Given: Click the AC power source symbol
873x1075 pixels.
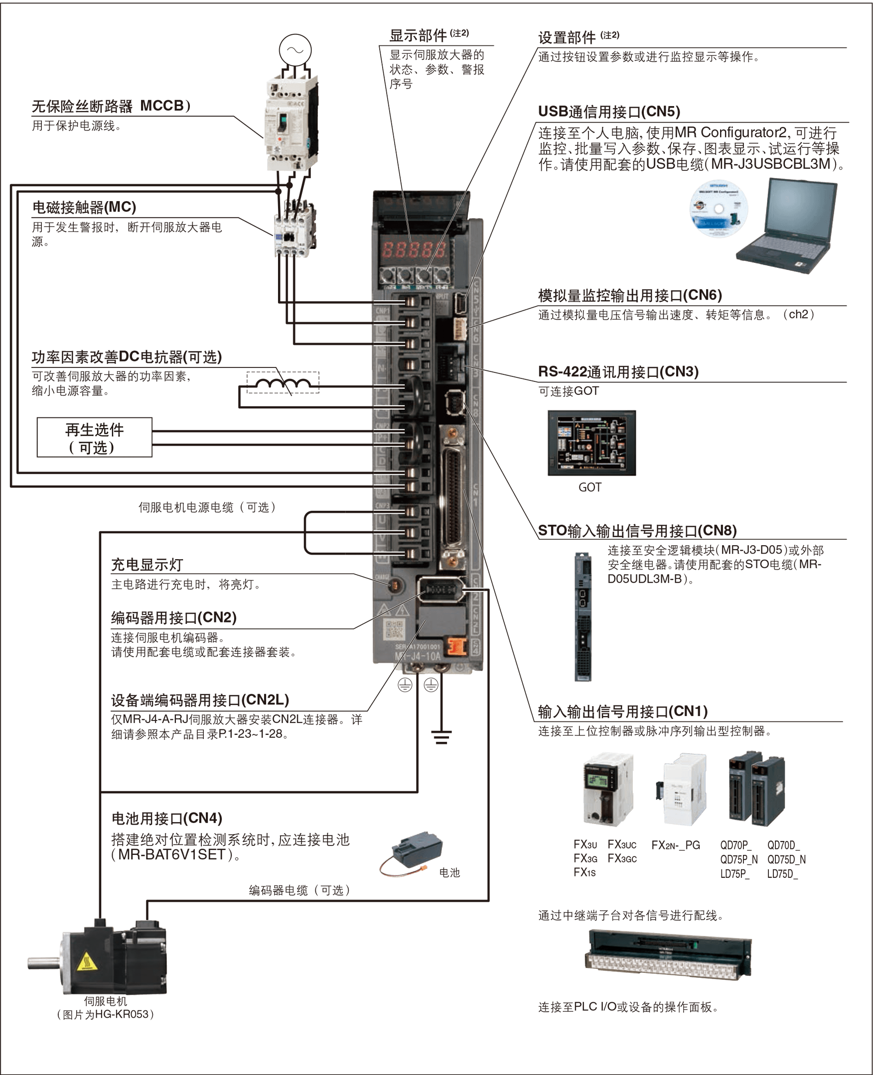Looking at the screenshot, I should (295, 50).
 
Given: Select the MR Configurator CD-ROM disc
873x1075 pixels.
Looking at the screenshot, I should (719, 209).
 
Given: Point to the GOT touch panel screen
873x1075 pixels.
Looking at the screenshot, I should (591, 443).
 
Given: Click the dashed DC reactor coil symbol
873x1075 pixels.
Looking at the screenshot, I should (283, 383).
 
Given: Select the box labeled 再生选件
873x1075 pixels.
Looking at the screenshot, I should (95, 437).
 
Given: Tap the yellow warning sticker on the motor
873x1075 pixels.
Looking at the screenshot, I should (87, 961).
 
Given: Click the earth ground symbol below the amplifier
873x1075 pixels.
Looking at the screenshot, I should (441, 737).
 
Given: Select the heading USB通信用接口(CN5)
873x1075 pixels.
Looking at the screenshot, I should (608, 112).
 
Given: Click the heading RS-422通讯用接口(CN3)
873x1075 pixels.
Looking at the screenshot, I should (618, 372).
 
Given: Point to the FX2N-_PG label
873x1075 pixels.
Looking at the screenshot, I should (675, 845).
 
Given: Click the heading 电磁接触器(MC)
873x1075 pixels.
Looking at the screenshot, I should (84, 207).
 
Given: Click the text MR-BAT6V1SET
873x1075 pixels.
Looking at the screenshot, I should (171, 854).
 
